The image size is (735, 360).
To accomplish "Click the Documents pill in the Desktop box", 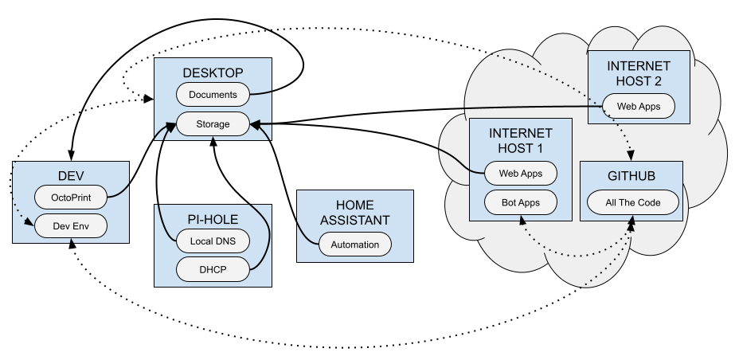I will click(x=213, y=95).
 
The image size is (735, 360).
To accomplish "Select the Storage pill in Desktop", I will click(x=213, y=123).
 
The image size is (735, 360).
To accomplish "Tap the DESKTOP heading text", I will click(x=213, y=73).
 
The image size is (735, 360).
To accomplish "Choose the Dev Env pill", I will click(x=72, y=226).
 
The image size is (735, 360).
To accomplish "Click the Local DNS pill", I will click(x=213, y=241).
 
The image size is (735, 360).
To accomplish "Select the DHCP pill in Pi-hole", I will click(x=213, y=269).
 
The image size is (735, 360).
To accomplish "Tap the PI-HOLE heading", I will click(x=213, y=219).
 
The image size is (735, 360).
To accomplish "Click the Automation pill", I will click(x=354, y=245).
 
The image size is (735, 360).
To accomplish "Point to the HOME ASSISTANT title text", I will click(x=354, y=212).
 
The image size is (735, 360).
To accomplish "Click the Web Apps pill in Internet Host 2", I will click(x=639, y=105).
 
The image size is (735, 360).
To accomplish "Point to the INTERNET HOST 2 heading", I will click(x=639, y=73).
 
